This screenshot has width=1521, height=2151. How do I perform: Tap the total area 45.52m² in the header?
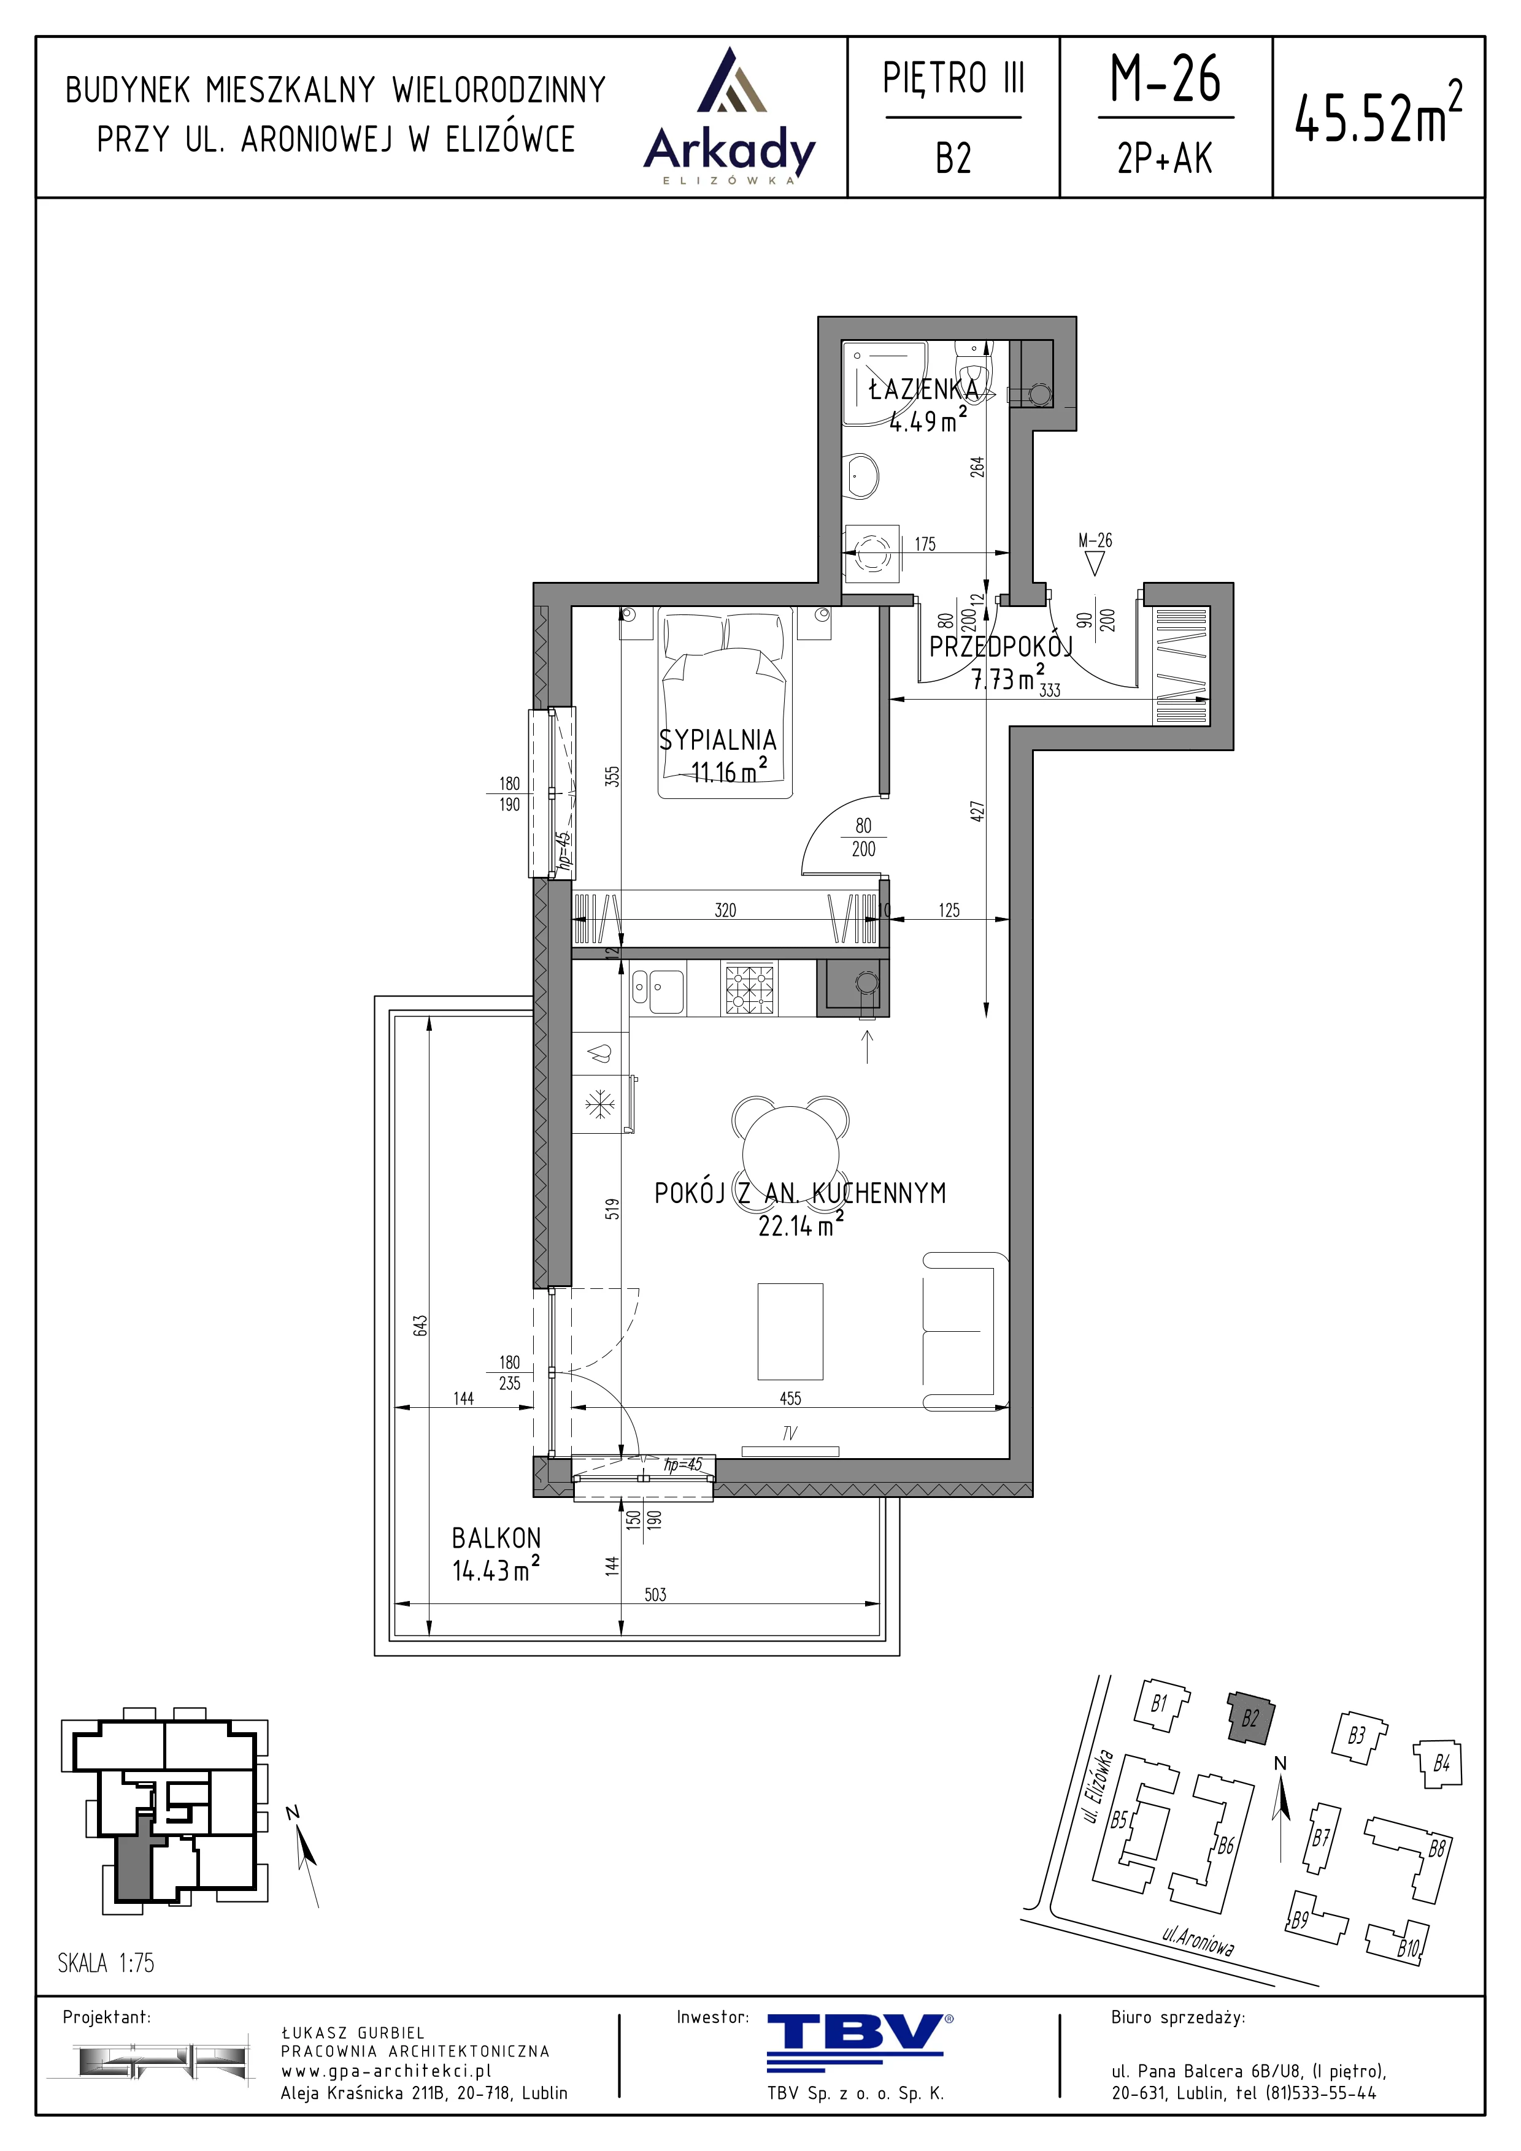click(1377, 114)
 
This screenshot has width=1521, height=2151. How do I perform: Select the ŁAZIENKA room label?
click(923, 389)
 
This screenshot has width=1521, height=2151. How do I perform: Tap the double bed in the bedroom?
click(725, 703)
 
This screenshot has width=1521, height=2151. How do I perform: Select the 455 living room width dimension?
click(790, 1398)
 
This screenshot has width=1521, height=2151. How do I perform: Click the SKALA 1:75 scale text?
click(106, 1962)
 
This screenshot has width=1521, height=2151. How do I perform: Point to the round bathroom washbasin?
click(860, 478)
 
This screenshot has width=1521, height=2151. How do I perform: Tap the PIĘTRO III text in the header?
click(953, 78)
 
